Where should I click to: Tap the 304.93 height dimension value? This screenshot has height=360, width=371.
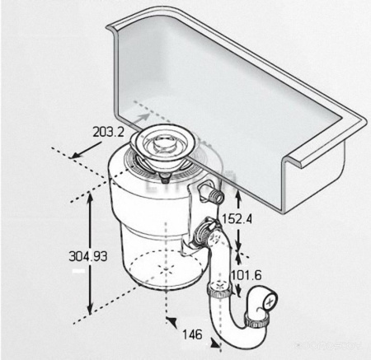[x=87, y=256]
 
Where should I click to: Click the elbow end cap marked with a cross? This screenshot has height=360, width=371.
[x=270, y=304]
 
